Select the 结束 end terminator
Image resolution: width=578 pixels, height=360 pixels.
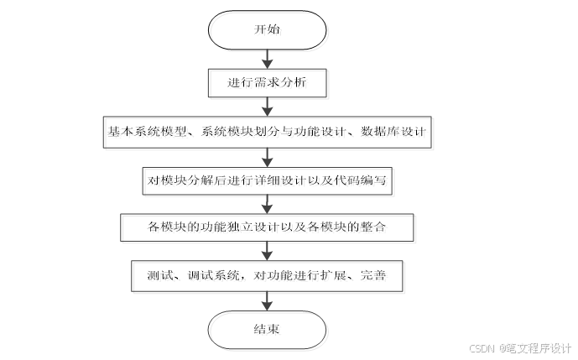pos(266,329)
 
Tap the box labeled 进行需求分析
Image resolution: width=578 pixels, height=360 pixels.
pos(266,82)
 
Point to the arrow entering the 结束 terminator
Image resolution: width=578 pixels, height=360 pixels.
pos(266,300)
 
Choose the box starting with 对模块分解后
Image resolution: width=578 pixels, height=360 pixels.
pos(266,180)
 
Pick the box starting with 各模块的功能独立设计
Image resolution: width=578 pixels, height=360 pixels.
pos(266,227)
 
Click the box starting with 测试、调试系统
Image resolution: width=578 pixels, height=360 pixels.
pos(266,274)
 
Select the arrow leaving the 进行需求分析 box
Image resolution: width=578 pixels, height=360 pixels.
pos(266,106)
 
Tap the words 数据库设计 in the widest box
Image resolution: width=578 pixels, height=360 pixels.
pos(393,132)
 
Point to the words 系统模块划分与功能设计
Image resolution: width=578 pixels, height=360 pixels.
pos(268,132)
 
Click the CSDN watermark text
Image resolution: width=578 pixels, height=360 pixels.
pos(482,347)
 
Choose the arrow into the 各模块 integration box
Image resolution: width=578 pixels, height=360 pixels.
pos(266,203)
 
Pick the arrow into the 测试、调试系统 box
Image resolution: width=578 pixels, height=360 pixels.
pos(266,251)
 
